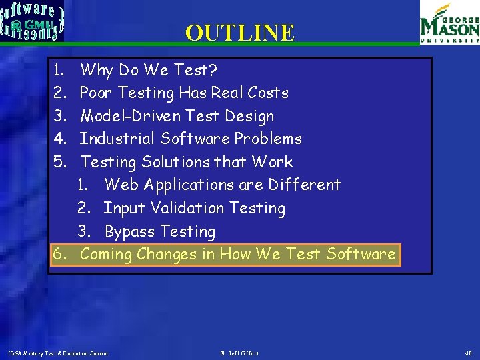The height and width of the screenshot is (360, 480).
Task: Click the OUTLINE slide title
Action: pos(240,33)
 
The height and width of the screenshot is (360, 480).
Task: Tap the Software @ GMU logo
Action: pos(33,21)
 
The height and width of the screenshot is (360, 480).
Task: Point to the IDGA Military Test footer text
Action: pos(58,353)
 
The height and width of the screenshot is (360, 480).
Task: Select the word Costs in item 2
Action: pos(267,93)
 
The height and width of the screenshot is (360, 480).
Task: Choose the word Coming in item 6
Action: pos(106,255)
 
